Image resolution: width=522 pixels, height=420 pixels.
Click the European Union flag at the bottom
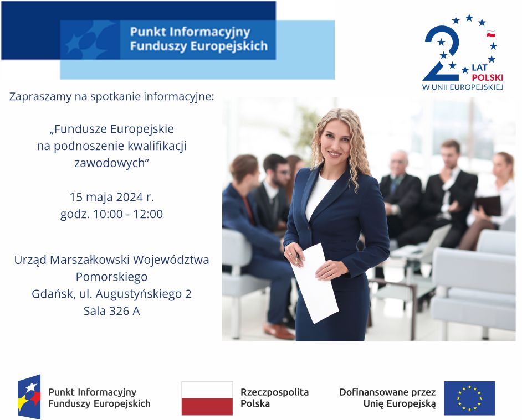coord(469,398)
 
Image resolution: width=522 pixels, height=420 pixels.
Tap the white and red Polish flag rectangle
coord(207,398)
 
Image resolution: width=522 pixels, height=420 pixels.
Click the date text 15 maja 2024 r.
coord(111,197)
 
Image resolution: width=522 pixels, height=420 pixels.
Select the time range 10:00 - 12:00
coord(128,214)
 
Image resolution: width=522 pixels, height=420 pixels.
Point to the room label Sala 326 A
coord(111,311)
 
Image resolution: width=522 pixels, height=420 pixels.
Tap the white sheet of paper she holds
coord(315,283)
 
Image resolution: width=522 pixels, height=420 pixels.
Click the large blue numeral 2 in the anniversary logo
coord(442,53)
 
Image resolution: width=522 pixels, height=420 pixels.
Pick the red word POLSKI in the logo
coord(488,77)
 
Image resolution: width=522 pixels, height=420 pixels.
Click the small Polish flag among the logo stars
coord(491,34)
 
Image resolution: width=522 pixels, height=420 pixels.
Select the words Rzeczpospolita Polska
coord(275,398)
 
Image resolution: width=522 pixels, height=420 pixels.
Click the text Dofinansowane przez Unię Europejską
coord(387,398)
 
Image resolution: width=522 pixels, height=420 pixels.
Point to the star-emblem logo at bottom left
coord(29,397)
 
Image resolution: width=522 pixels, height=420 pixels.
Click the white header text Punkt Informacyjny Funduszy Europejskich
coord(199,39)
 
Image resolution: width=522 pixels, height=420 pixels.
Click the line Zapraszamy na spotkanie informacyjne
coord(111,97)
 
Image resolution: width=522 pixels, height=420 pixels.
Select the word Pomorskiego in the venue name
coord(111,277)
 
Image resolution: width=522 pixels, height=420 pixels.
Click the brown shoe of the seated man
coord(278,331)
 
